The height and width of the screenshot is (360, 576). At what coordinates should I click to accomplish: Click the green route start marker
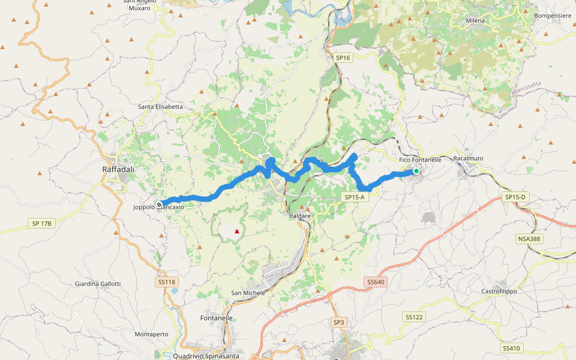click(416, 171)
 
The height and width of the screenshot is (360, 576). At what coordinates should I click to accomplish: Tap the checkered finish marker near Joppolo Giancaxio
click(160, 204)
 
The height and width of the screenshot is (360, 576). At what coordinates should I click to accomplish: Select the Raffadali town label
click(118, 170)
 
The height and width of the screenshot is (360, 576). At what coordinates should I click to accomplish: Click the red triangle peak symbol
click(238, 231)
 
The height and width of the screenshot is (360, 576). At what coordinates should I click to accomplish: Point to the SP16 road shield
click(343, 58)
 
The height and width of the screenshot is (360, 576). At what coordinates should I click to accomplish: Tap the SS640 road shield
click(374, 282)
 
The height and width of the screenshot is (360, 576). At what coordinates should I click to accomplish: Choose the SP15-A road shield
click(354, 197)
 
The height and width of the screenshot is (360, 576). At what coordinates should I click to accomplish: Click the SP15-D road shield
click(515, 197)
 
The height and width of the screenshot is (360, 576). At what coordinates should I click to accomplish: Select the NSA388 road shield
click(528, 239)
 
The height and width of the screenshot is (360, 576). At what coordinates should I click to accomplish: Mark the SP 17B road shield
click(41, 223)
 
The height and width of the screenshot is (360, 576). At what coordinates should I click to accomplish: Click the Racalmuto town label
click(468, 158)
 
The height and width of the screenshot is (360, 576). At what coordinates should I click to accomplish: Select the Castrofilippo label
click(499, 291)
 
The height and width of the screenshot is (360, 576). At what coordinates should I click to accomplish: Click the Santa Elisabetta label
click(160, 107)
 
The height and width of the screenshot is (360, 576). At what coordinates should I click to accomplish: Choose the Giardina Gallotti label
click(98, 284)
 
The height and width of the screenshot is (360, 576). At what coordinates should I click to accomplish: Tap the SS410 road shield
click(511, 348)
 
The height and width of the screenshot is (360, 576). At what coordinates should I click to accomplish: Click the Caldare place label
click(299, 215)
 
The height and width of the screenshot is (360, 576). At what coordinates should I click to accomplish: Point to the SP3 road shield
click(339, 322)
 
